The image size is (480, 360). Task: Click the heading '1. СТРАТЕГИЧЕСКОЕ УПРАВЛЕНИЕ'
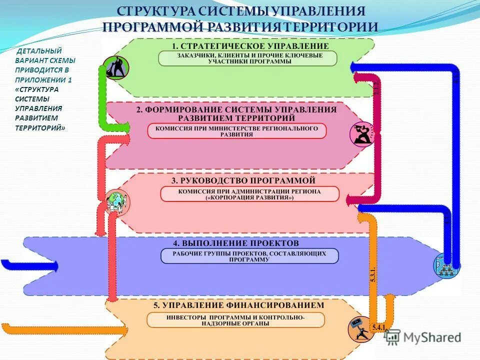pyautogui.click(x=247, y=46)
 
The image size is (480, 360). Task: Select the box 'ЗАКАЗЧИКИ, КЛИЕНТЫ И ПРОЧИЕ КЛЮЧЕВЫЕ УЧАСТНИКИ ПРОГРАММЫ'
pyautogui.click(x=247, y=58)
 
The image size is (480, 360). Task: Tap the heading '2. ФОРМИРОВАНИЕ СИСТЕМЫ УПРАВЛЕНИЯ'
pyautogui.click(x=236, y=109)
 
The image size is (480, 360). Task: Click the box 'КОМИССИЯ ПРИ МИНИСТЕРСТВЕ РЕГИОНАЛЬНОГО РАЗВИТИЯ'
pyautogui.click(x=236, y=131)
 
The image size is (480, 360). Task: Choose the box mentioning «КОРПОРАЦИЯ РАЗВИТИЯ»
pyautogui.click(x=249, y=194)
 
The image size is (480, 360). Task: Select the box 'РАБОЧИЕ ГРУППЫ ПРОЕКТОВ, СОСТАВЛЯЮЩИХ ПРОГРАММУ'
pyautogui.click(x=249, y=256)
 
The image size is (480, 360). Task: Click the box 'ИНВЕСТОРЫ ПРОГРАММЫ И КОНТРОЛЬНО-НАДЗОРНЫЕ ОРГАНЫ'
pyautogui.click(x=235, y=320)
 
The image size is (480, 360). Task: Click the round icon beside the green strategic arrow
pyautogui.click(x=116, y=67)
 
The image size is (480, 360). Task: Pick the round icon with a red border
pyautogui.click(x=362, y=133)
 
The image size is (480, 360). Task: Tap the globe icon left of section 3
pyautogui.click(x=117, y=201)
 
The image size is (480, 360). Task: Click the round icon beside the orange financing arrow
pyautogui.click(x=360, y=329)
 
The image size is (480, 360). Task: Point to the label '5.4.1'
pyautogui.click(x=377, y=327)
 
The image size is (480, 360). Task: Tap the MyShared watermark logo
pyautogui.click(x=423, y=337)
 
